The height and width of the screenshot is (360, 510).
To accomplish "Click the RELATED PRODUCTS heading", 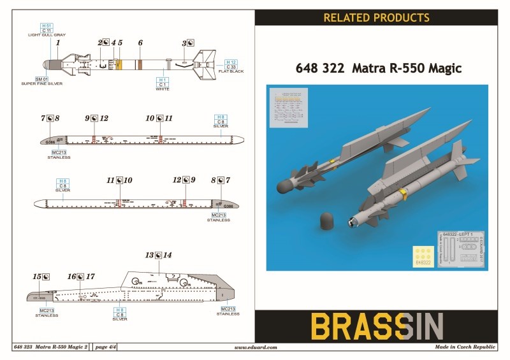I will click(x=376, y=17).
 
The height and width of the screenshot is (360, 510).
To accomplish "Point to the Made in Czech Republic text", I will click(x=465, y=348).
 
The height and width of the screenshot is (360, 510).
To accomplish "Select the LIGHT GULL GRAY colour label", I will click(x=47, y=34).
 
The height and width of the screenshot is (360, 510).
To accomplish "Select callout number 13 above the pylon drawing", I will click(x=150, y=255).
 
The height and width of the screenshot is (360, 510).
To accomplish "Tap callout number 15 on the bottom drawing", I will click(x=37, y=277).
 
